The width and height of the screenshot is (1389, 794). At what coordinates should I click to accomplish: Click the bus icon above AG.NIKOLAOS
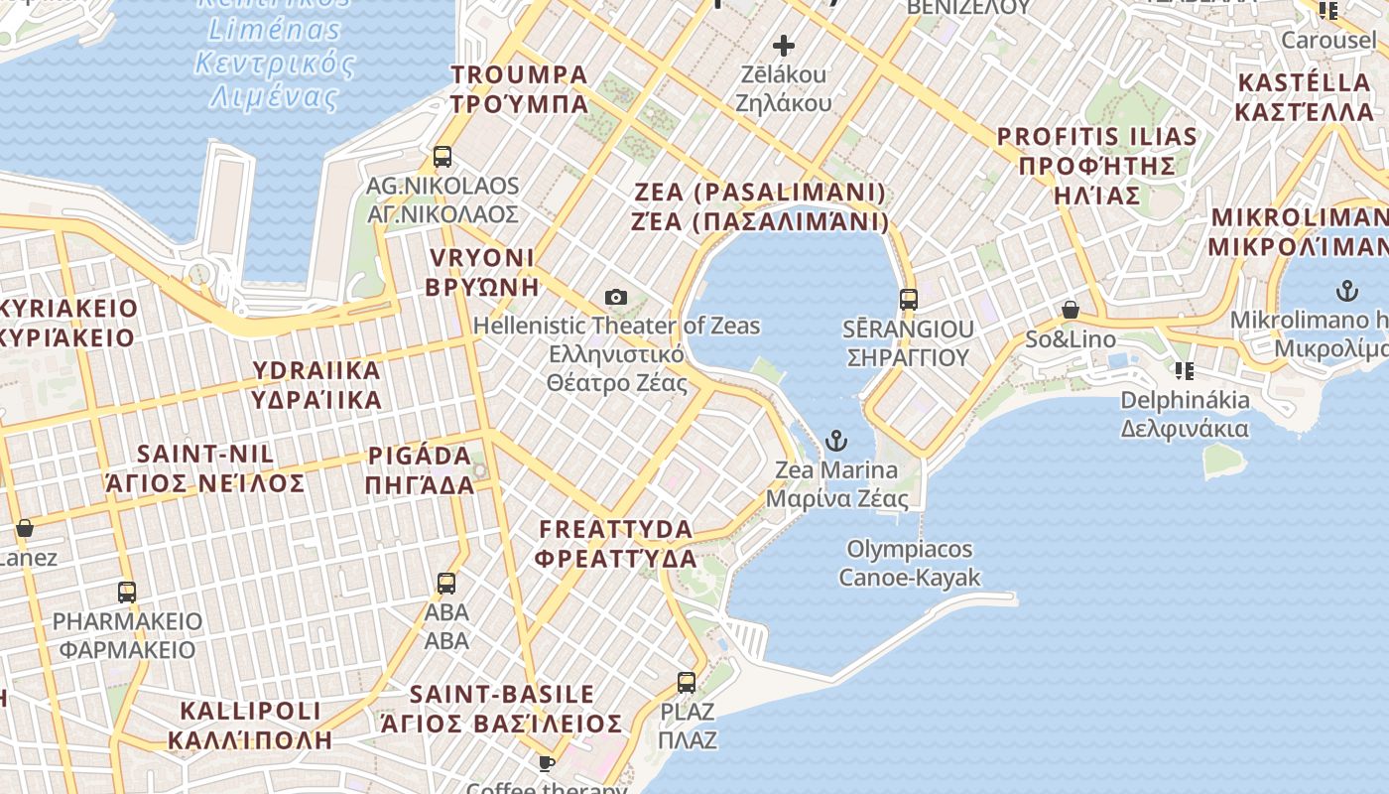click(x=442, y=157)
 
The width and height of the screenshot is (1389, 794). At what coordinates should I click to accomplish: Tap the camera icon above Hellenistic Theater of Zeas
click(x=615, y=297)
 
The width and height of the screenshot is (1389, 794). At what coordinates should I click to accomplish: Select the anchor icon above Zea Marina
click(x=836, y=440)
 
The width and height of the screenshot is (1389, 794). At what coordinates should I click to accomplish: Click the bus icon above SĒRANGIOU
click(x=908, y=299)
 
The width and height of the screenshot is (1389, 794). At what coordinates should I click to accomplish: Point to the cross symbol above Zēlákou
click(x=784, y=45)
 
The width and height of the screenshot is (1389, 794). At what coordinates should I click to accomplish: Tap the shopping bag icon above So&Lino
click(x=1070, y=311)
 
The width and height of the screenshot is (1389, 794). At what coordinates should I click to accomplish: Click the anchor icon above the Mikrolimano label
click(x=1346, y=291)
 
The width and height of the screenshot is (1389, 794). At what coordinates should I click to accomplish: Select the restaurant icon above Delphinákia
click(x=1184, y=371)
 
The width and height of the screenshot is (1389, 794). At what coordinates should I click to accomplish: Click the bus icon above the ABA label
click(x=446, y=583)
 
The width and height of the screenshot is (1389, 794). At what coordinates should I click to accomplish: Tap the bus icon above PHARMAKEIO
click(x=127, y=592)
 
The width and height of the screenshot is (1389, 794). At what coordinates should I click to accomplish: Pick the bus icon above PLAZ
click(x=687, y=682)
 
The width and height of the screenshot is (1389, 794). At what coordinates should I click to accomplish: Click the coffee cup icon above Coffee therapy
click(x=546, y=762)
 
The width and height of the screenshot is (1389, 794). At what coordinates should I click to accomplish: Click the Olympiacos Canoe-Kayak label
click(x=909, y=563)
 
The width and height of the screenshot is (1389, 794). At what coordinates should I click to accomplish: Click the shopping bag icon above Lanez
click(x=25, y=528)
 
